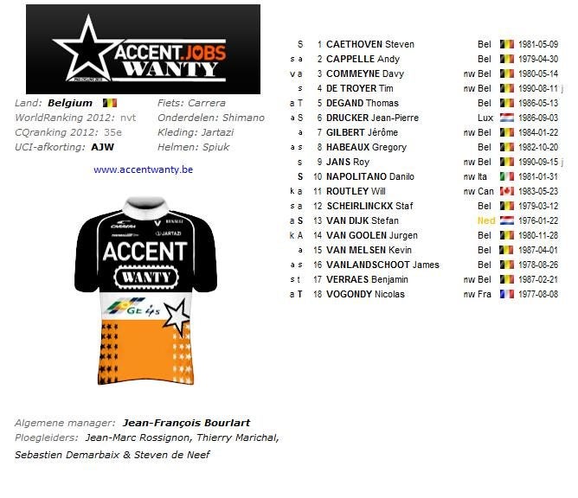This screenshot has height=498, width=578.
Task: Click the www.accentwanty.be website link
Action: tap(143, 169)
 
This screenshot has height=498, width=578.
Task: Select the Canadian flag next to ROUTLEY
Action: tap(507, 191)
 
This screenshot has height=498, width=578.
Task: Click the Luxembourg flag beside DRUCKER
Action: tap(507, 118)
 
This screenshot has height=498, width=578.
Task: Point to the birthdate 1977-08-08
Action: tap(537, 294)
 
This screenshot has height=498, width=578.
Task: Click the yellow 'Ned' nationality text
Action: tap(485, 220)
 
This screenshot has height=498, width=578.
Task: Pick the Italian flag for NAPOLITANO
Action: tap(507, 176)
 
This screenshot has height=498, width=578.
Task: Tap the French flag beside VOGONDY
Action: tap(507, 294)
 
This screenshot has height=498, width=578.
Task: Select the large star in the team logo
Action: tap(87, 52)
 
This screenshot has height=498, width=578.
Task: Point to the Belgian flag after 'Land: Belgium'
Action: tap(109, 103)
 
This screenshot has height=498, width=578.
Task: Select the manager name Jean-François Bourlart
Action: tap(186, 423)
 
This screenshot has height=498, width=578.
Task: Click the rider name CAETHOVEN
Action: tap(354, 44)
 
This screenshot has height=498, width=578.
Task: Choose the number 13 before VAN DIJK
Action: tap(318, 220)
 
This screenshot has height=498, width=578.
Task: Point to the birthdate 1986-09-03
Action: tap(537, 118)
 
